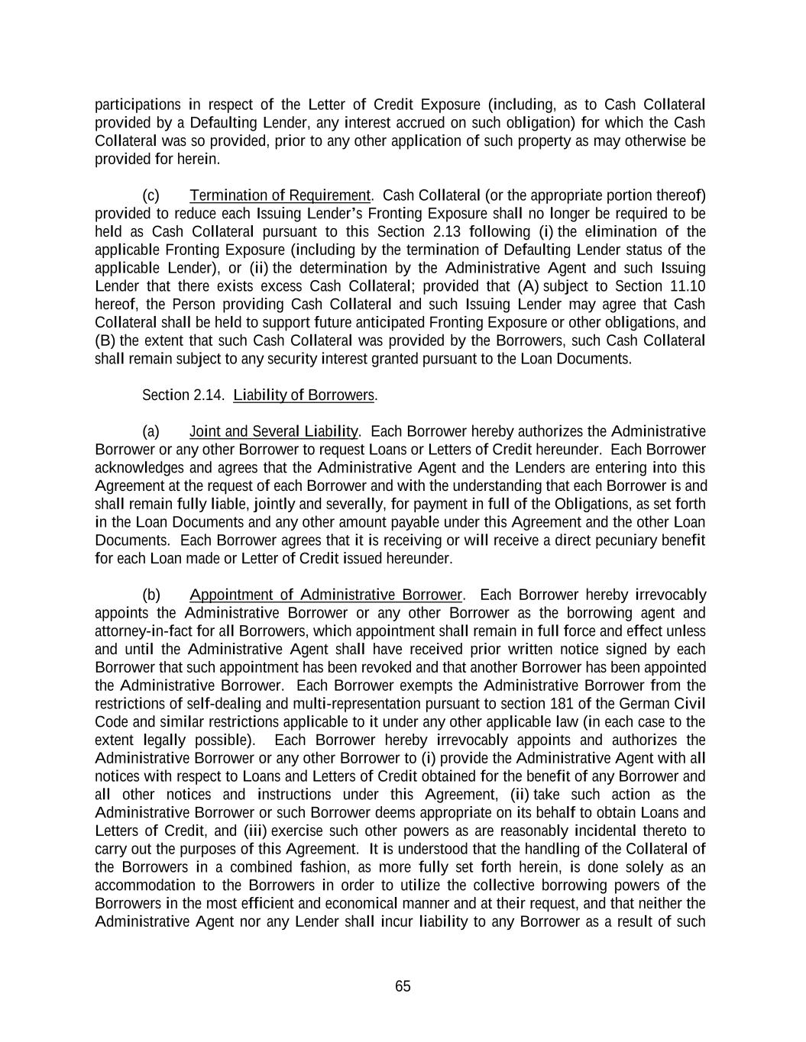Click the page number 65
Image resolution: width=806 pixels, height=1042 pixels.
coord(403,986)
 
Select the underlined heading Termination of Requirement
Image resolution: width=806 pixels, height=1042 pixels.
coord(280,195)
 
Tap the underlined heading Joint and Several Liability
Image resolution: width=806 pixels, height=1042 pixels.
coord(274,431)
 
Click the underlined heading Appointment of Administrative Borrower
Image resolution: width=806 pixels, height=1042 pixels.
coord(326,595)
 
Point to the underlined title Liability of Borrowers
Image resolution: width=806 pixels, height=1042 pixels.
coord(304,395)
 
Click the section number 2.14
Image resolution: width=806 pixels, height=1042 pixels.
coord(209,395)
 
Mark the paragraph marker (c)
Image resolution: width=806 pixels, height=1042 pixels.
coord(151,195)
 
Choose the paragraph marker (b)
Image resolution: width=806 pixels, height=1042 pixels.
coord(151,595)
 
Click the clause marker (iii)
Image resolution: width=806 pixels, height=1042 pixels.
coord(255,831)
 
